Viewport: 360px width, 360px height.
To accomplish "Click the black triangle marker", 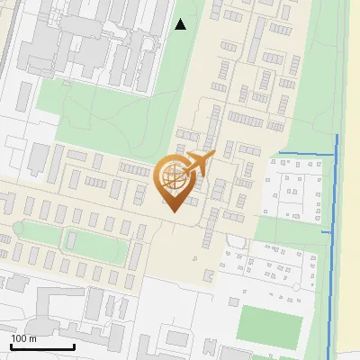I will tap(181, 24).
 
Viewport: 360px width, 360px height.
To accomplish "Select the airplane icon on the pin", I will tap(196, 164).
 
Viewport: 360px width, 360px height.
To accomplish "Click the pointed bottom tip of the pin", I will tap(173, 211).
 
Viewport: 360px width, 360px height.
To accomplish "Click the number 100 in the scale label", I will tap(19, 338).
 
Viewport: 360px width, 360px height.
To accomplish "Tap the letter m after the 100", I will tap(32, 338).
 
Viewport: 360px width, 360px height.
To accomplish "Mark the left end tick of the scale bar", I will tap(11, 346).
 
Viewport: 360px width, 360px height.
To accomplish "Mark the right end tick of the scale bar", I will tap(74, 346).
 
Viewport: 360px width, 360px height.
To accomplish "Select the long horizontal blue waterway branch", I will tap(306, 155).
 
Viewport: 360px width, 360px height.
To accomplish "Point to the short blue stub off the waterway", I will tap(327, 232).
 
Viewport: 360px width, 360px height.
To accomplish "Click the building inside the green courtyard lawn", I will tap(69, 239).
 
